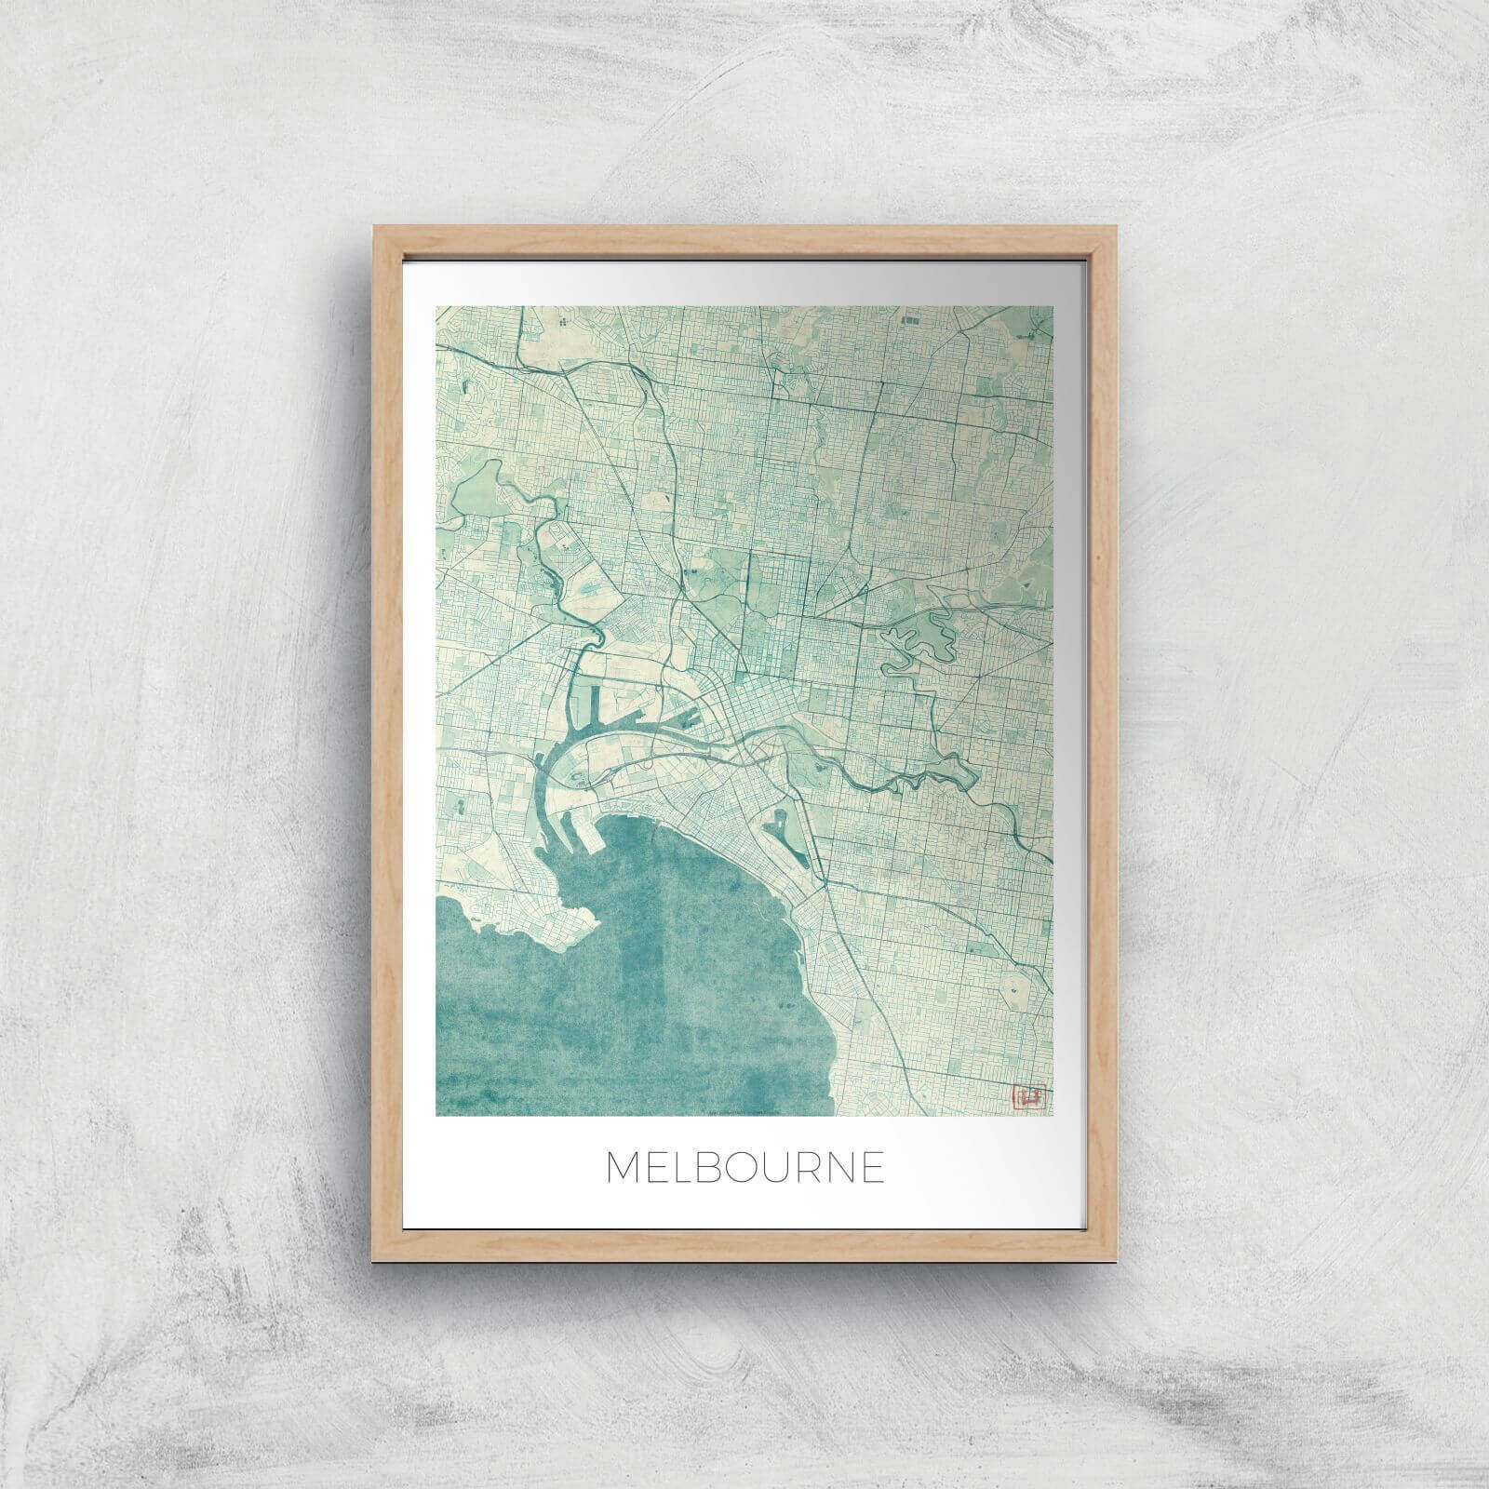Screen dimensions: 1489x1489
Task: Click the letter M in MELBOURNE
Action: pyautogui.click(x=624, y=1167)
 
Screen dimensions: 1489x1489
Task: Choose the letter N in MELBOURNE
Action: pyautogui.click(x=833, y=1167)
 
